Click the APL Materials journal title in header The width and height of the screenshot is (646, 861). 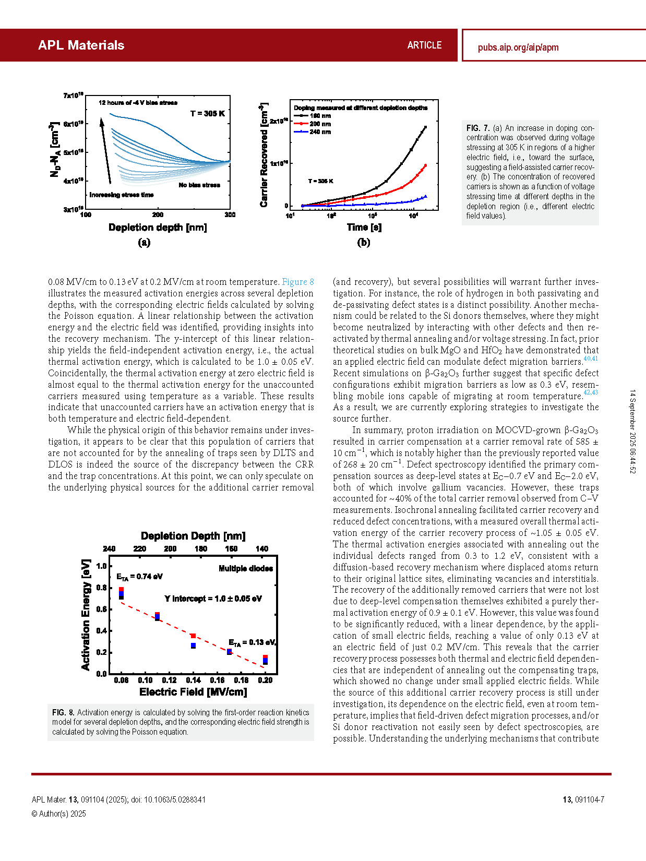click(x=81, y=45)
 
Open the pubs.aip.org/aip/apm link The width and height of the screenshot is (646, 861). click(x=518, y=47)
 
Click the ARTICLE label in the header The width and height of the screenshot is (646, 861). click(x=424, y=45)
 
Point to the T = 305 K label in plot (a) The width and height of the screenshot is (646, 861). click(x=207, y=114)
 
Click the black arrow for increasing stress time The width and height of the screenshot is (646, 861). click(x=106, y=151)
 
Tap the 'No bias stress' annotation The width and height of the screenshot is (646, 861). click(x=199, y=185)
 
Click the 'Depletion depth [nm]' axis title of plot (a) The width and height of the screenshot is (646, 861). click(x=158, y=228)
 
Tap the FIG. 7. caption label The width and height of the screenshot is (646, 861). click(x=477, y=128)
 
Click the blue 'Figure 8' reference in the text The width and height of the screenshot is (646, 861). click(x=298, y=282)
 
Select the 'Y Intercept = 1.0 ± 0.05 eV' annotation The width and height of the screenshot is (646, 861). click(x=213, y=599)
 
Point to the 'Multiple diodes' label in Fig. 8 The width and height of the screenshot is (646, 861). click(x=246, y=568)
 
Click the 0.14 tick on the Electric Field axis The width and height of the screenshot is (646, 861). click(x=193, y=680)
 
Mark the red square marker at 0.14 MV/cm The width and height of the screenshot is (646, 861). click(x=193, y=636)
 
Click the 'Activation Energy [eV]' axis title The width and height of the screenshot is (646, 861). click(x=86, y=615)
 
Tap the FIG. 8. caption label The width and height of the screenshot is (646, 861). click(x=63, y=712)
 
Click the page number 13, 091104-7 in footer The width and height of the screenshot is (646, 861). click(x=583, y=799)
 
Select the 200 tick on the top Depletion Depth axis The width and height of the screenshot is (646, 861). click(x=170, y=549)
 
